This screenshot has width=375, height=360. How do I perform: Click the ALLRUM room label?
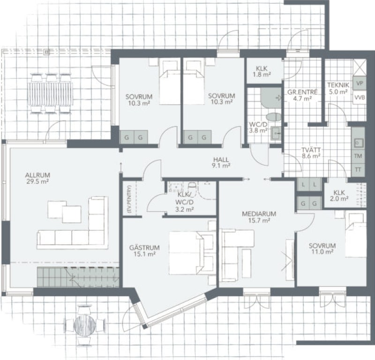(37, 175)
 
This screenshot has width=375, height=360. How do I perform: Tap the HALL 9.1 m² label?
(221, 162)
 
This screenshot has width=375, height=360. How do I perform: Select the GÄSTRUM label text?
(144, 247)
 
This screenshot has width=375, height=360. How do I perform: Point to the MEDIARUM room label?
(259, 214)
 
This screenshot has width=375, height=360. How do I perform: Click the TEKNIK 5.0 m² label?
(338, 88)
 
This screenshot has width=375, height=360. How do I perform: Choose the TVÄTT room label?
(311, 150)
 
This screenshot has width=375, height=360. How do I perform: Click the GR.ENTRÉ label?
(302, 92)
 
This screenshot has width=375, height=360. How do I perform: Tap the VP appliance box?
(360, 83)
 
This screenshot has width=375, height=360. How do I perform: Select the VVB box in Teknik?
(360, 97)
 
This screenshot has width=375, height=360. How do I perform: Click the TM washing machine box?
(358, 156)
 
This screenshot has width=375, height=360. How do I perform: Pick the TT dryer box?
(358, 170)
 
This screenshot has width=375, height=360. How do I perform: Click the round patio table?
(85, 325)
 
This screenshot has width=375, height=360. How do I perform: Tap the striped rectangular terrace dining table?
(50, 94)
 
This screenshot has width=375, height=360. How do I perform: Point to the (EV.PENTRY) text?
(130, 199)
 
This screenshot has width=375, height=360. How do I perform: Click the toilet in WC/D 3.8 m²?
(273, 117)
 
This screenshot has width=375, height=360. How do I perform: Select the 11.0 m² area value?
(322, 252)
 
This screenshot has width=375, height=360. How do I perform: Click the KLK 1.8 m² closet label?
(262, 72)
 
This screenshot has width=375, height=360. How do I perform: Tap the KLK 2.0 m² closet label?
(339, 195)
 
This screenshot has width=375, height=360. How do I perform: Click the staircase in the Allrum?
(78, 277)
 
